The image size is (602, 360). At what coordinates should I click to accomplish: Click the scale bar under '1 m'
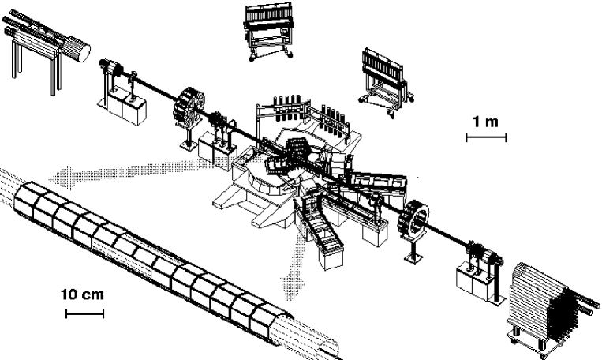(486, 137)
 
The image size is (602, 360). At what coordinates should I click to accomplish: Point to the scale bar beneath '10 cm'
(84, 313)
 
